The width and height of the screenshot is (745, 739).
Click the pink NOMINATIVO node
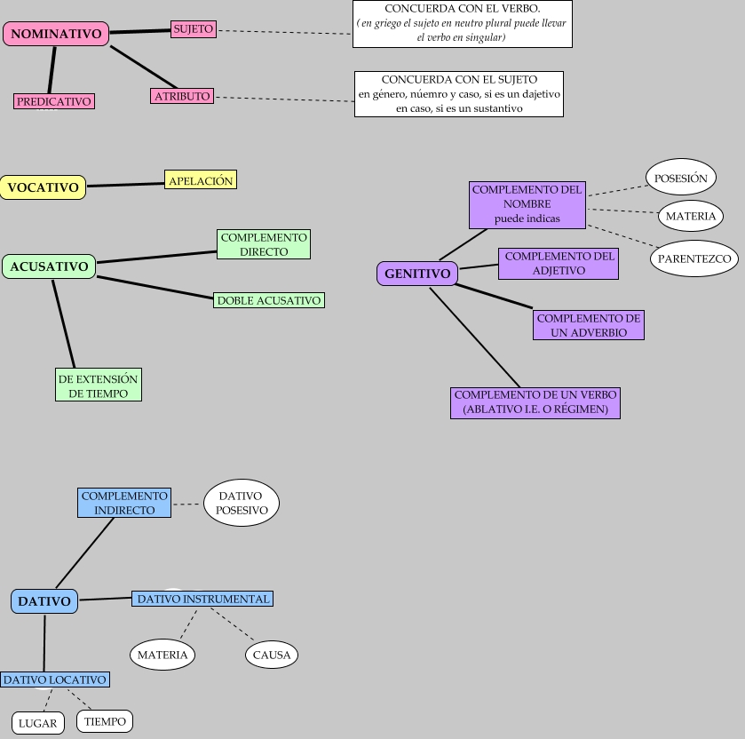tap(56, 34)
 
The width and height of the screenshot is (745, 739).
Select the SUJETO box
tap(194, 28)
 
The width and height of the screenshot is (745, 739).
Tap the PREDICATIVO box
tap(54, 101)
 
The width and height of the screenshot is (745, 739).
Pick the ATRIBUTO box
tap(182, 96)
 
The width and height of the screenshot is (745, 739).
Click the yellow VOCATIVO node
tap(43, 187)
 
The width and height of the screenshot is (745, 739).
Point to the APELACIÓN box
tap(201, 180)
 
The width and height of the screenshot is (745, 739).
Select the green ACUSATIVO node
tap(49, 266)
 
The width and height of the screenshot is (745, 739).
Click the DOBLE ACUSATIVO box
tap(269, 300)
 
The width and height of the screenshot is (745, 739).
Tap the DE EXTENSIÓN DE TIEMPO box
tap(99, 385)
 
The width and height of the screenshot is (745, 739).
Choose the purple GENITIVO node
tap(417, 274)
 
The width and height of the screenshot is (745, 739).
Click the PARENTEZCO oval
tap(694, 259)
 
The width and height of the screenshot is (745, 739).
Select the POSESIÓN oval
tap(681, 178)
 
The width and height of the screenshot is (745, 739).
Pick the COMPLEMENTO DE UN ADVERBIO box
tap(589, 325)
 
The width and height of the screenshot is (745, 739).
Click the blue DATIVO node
tap(44, 601)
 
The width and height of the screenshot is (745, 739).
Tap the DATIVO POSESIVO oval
tap(242, 503)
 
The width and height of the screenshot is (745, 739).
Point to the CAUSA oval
tap(272, 656)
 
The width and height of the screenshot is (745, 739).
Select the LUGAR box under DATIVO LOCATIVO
tap(37, 723)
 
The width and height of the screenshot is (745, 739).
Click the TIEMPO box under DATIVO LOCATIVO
tap(105, 721)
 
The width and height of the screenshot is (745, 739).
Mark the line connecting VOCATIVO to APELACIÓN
tap(125, 184)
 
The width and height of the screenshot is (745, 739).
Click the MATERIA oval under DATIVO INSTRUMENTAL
tap(162, 656)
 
